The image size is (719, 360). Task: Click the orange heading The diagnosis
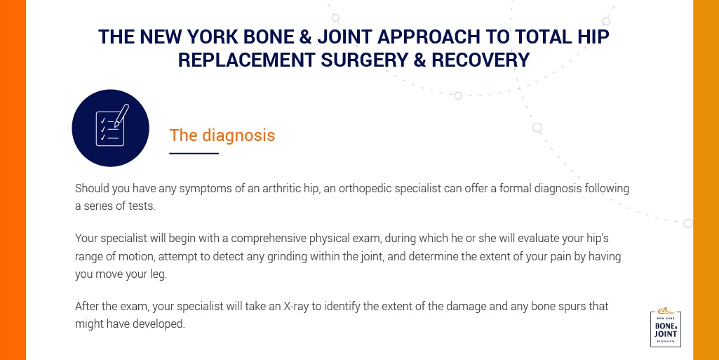click(x=222, y=135)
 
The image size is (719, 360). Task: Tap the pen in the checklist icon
click(x=121, y=115)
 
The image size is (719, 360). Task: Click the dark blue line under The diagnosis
click(x=194, y=153)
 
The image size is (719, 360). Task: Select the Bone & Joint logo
click(x=666, y=328)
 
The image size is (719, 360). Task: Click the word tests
click(x=142, y=206)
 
